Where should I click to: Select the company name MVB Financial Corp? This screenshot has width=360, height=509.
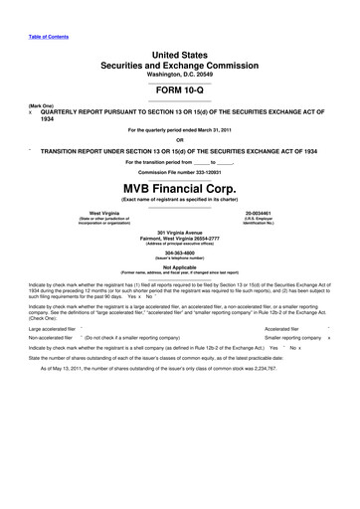pos(180,188)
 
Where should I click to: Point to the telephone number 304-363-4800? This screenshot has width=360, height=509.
pos(180,252)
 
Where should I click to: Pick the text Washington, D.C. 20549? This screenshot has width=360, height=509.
pos(180,75)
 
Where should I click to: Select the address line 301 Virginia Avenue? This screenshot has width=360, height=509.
pos(180,231)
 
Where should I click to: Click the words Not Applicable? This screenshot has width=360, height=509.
pos(180,265)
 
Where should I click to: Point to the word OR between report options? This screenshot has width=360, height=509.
pos(180,138)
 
